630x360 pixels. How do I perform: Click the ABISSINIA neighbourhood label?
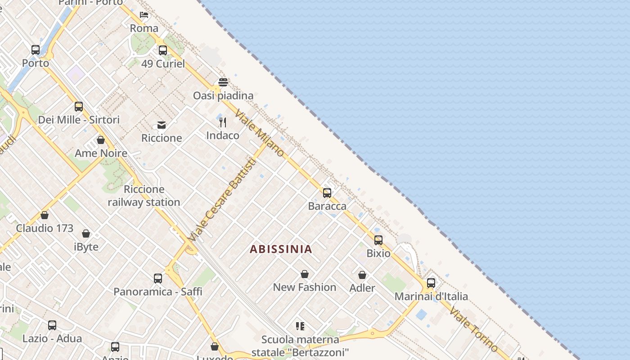click(x=281, y=249)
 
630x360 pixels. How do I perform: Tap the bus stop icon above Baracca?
click(x=327, y=193)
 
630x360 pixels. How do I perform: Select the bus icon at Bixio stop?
click(x=378, y=240)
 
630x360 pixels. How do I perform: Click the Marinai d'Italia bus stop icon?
click(x=431, y=283)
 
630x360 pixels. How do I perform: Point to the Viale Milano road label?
click(x=260, y=134)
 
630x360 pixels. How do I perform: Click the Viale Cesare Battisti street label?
click(x=223, y=199)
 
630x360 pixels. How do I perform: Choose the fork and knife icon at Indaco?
click(x=223, y=122)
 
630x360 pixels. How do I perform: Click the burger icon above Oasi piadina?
click(x=223, y=82)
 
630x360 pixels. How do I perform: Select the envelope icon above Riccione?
click(x=162, y=125)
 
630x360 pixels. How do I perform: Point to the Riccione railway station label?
click(x=144, y=196)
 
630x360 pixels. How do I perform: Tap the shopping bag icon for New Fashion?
click(x=305, y=274)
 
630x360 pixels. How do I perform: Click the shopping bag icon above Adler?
click(x=362, y=274)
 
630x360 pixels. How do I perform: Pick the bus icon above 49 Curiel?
click(x=163, y=50)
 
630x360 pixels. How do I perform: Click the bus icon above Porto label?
click(x=36, y=50)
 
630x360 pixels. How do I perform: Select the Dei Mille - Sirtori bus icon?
click(x=79, y=107)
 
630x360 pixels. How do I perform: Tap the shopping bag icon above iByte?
click(x=86, y=234)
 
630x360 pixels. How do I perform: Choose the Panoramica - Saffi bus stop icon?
click(x=157, y=279)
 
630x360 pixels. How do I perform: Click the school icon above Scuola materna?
click(x=300, y=326)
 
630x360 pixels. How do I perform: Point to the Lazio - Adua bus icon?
click(x=52, y=325)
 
